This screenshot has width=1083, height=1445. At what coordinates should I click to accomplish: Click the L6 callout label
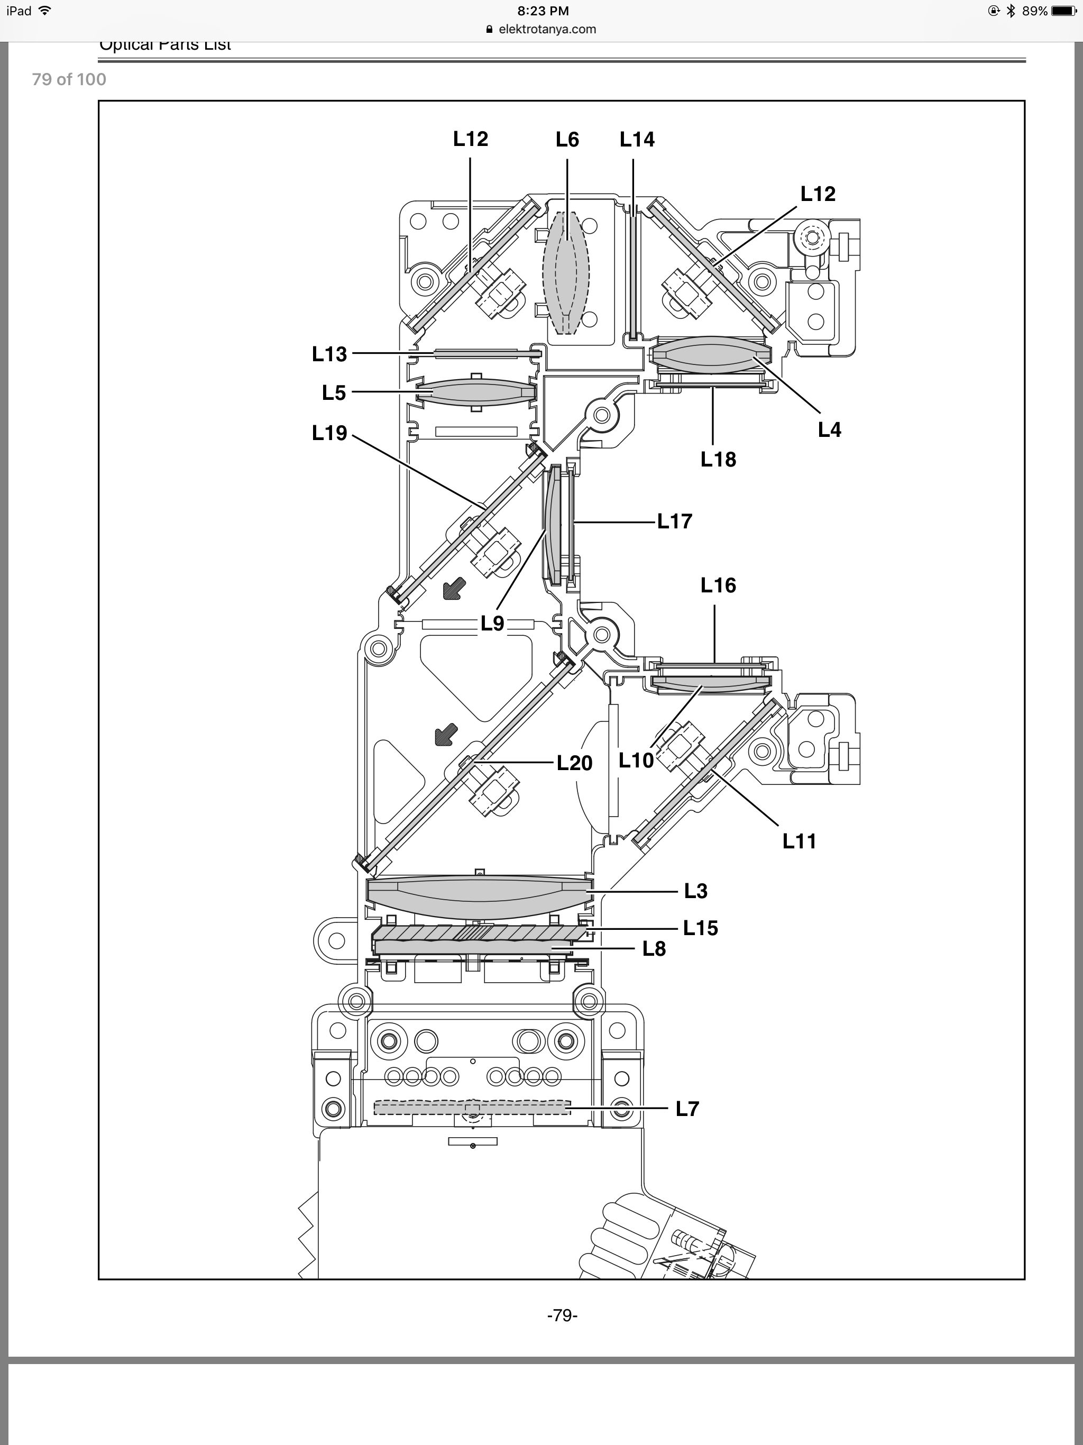567,139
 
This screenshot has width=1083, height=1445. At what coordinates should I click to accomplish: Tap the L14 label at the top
637,139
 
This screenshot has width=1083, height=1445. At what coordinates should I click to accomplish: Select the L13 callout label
329,354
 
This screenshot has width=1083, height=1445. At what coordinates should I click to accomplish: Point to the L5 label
334,392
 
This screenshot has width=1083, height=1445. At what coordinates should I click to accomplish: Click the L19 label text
329,433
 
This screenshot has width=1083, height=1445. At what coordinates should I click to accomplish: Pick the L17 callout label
675,522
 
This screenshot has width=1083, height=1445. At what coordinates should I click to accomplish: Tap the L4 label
830,430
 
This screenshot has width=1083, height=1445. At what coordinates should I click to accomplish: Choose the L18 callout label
718,460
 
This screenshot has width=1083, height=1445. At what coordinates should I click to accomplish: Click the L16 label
718,586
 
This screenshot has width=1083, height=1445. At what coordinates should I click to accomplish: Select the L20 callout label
574,763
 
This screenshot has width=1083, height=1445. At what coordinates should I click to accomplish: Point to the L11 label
800,842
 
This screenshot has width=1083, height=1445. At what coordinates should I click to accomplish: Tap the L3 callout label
696,891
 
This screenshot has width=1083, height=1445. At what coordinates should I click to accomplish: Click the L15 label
700,928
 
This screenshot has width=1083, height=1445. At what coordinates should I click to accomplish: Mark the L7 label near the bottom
687,1109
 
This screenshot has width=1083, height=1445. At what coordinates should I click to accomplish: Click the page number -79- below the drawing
562,1315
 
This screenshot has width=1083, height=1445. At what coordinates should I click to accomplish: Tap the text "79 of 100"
69,80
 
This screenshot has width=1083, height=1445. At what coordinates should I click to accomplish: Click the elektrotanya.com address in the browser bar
547,29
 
